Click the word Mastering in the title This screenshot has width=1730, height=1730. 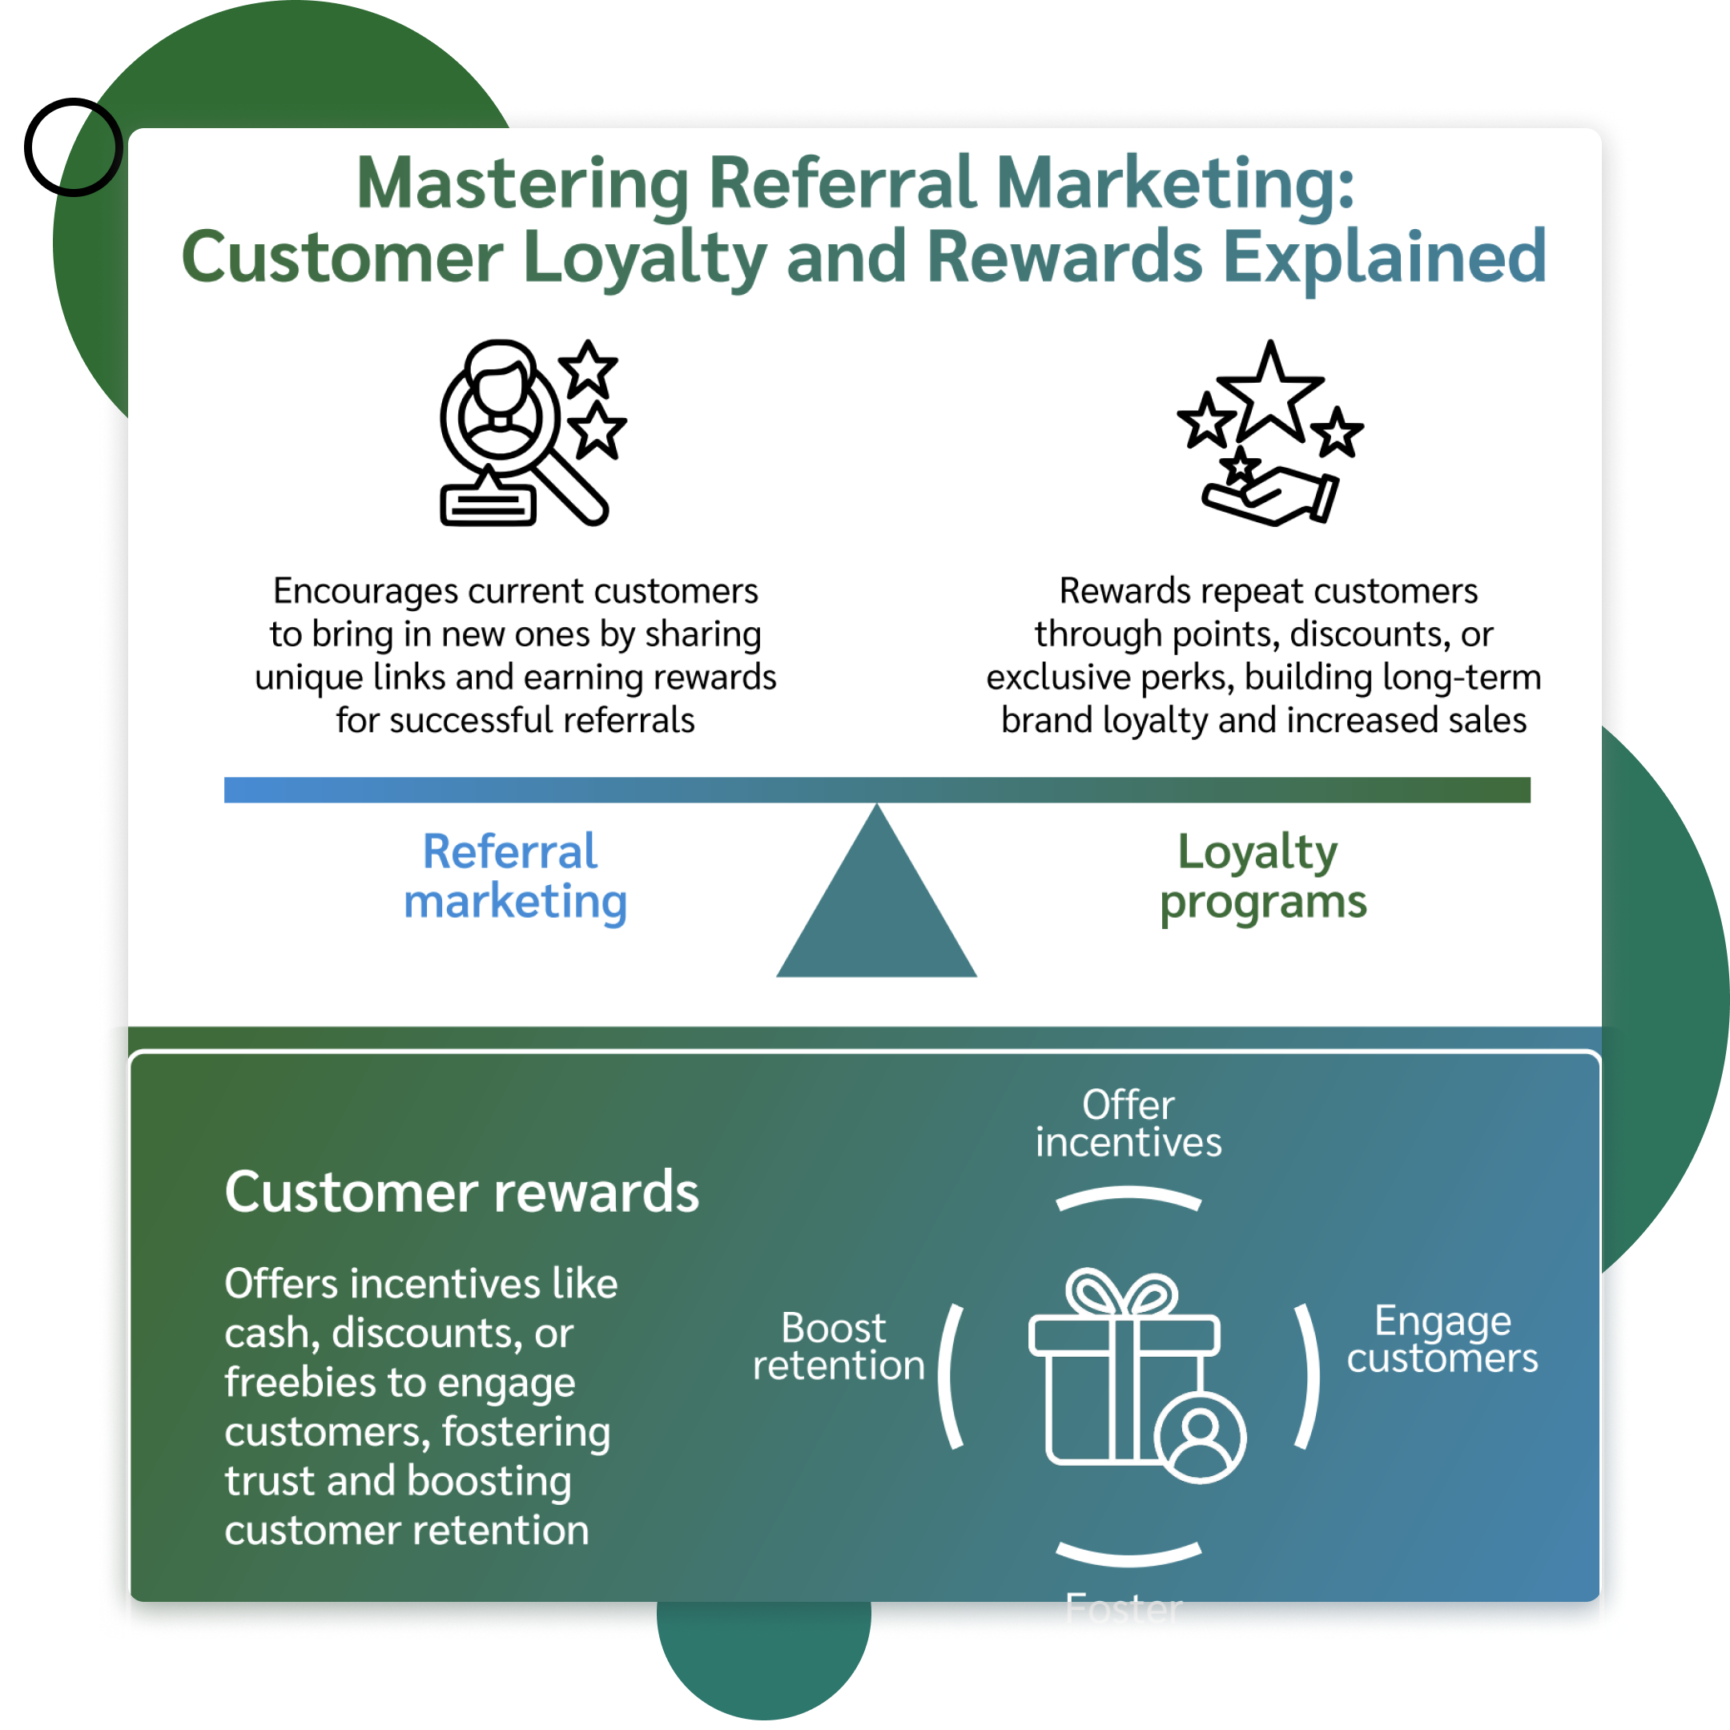tap(522, 183)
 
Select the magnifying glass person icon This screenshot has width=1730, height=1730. tap(524, 432)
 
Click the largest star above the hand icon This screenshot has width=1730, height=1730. tap(1269, 392)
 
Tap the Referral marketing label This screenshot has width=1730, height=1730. tap(514, 875)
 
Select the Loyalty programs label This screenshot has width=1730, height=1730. tap(1262, 875)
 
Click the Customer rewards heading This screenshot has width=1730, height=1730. tap(461, 1192)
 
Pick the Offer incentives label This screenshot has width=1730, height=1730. tap(1129, 1124)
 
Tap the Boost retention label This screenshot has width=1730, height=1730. tap(837, 1346)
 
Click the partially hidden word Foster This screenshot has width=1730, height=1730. tap(1123, 1609)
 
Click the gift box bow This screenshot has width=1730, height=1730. tap(1122, 1294)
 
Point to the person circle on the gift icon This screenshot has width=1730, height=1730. tap(1200, 1438)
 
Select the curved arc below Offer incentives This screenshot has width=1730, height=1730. tap(1129, 1197)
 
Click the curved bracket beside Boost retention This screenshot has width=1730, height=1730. tap(951, 1376)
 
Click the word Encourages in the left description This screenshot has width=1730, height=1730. tap(366, 591)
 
